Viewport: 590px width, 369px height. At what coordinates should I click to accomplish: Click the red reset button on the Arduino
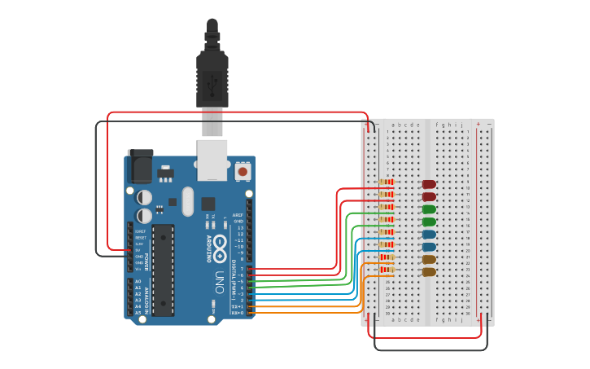243,172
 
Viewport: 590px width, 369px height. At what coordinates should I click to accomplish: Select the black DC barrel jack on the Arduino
139,167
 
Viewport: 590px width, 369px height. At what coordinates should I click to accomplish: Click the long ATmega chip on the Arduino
163,270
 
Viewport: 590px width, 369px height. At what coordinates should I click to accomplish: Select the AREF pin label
238,215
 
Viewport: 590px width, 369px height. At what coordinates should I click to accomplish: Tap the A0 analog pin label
138,281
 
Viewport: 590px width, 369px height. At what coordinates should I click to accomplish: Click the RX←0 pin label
237,313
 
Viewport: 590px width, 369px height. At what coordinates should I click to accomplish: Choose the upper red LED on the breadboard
428,184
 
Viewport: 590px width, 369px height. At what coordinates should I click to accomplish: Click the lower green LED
428,222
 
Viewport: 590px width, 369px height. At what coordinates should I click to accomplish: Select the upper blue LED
428,235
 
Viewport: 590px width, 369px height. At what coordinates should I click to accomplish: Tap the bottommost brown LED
428,272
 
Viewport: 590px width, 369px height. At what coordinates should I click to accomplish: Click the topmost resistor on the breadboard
387,182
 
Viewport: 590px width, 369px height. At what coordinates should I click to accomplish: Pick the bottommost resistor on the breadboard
387,269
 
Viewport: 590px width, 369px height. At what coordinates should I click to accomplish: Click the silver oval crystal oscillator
188,200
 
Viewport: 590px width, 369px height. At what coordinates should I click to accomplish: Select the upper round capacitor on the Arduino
144,197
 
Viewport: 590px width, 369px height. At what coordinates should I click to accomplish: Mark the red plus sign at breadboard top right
478,125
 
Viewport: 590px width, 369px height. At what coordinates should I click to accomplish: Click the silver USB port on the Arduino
212,158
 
